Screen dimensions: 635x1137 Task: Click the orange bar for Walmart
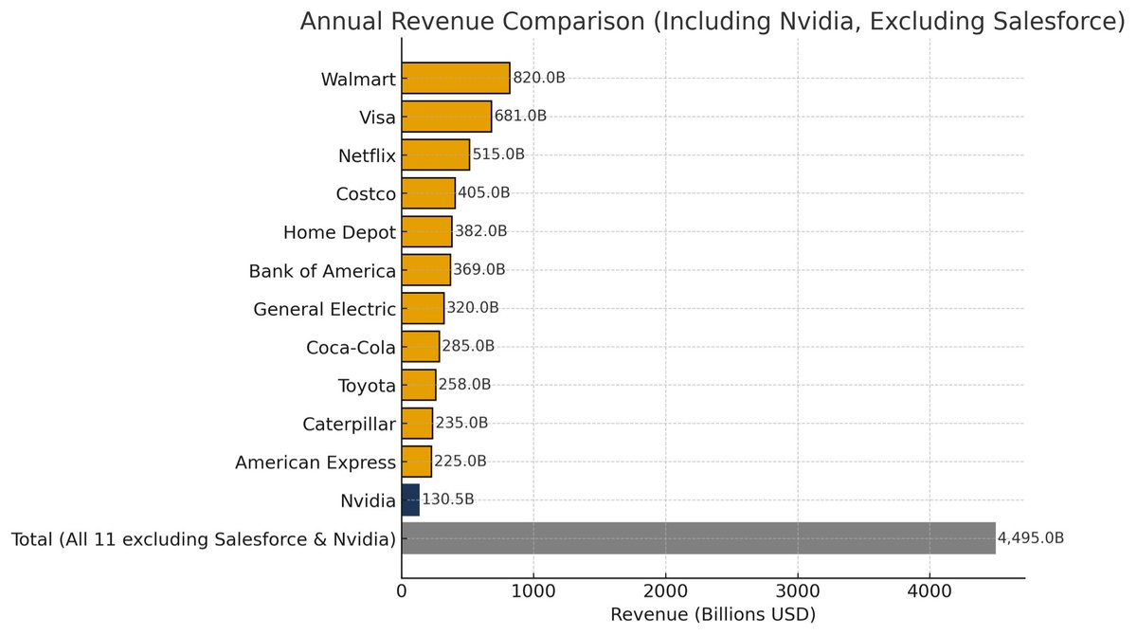[x=456, y=78]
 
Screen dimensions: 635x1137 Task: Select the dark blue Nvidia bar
[x=410, y=499]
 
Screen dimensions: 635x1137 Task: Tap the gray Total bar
[x=698, y=538]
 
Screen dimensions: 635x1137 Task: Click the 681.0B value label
[x=521, y=116]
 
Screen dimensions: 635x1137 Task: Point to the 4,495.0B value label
[x=1031, y=538]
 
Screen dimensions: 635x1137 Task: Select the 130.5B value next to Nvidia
[x=448, y=499]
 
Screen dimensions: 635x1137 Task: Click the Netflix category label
[x=367, y=155]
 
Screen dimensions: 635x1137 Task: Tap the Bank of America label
[x=322, y=271]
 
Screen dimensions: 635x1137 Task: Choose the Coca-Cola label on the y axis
[x=351, y=347]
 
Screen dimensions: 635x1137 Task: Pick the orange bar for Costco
[x=428, y=192]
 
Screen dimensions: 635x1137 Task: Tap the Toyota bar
[x=419, y=385]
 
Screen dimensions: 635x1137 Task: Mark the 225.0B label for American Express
[x=460, y=462]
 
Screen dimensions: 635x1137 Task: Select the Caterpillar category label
[x=349, y=424]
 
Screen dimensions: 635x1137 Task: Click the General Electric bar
[x=423, y=308]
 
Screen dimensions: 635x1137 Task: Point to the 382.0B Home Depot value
[x=480, y=231]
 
